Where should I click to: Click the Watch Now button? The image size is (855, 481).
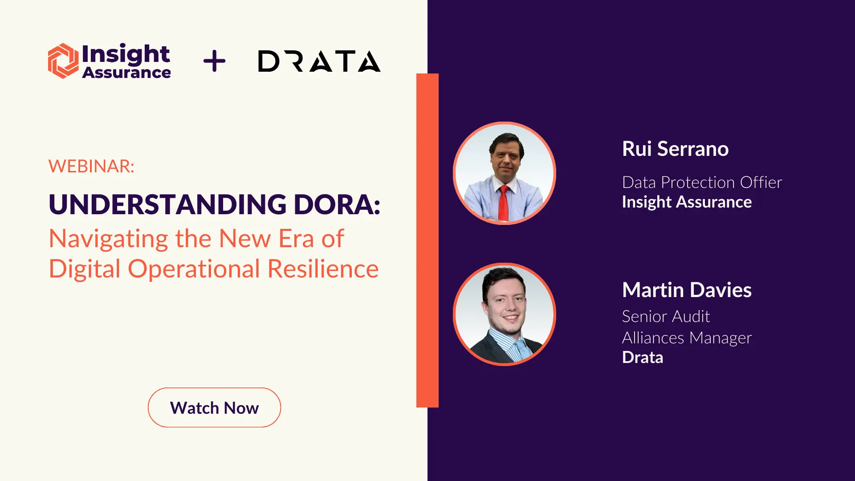[214, 408]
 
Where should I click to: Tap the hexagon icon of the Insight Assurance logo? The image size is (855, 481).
[63, 61]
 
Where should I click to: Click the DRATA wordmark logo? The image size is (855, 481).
[319, 61]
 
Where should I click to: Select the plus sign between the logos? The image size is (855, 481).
[214, 61]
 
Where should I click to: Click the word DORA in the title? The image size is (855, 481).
[337, 204]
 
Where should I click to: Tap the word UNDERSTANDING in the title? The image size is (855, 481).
[167, 204]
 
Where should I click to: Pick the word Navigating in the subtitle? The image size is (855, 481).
[108, 239]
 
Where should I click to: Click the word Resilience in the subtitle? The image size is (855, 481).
[323, 269]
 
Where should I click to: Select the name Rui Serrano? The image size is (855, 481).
[675, 149]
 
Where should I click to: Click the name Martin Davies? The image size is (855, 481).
[687, 290]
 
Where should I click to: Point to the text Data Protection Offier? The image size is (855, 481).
[702, 182]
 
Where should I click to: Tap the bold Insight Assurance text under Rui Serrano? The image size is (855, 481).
[687, 202]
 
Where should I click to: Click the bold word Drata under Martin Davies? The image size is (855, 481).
[643, 357]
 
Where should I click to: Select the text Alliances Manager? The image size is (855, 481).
[687, 338]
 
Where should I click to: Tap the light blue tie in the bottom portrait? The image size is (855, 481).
[521, 350]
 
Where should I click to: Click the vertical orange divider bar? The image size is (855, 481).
[427, 240]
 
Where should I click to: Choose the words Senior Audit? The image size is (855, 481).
[666, 316]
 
